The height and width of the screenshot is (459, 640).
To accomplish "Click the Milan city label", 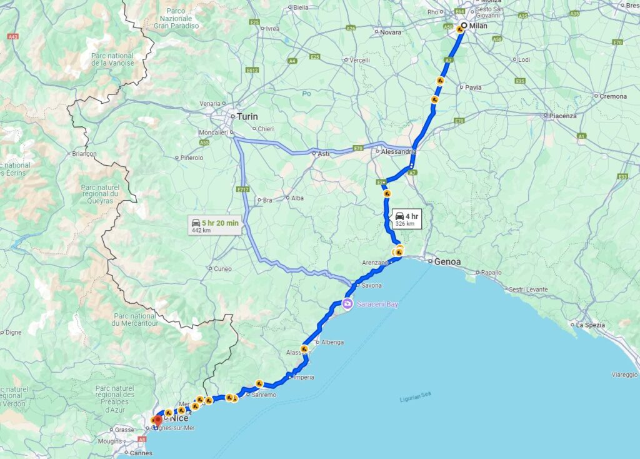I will coord(478,26).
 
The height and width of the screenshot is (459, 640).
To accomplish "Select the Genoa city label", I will coord(447,261).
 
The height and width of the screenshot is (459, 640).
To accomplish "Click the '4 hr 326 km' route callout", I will coord(406,219).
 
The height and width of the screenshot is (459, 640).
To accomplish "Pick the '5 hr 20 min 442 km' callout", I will coord(214,225).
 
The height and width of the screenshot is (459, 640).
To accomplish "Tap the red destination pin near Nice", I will coord(157,421).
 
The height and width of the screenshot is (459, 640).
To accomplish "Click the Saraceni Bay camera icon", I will coord(346,304).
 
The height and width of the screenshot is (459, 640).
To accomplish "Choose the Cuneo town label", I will coord(222,269).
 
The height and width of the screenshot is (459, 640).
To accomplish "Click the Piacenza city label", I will coord(563,116).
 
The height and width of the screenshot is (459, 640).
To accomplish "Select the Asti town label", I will coord(324,153).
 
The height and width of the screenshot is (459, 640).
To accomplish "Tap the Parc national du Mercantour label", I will coord(135,320).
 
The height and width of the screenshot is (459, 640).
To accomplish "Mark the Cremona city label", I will coord(613,97).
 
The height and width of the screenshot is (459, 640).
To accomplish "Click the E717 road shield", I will coord(244,188).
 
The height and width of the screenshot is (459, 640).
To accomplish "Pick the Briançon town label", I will coord(85,153).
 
